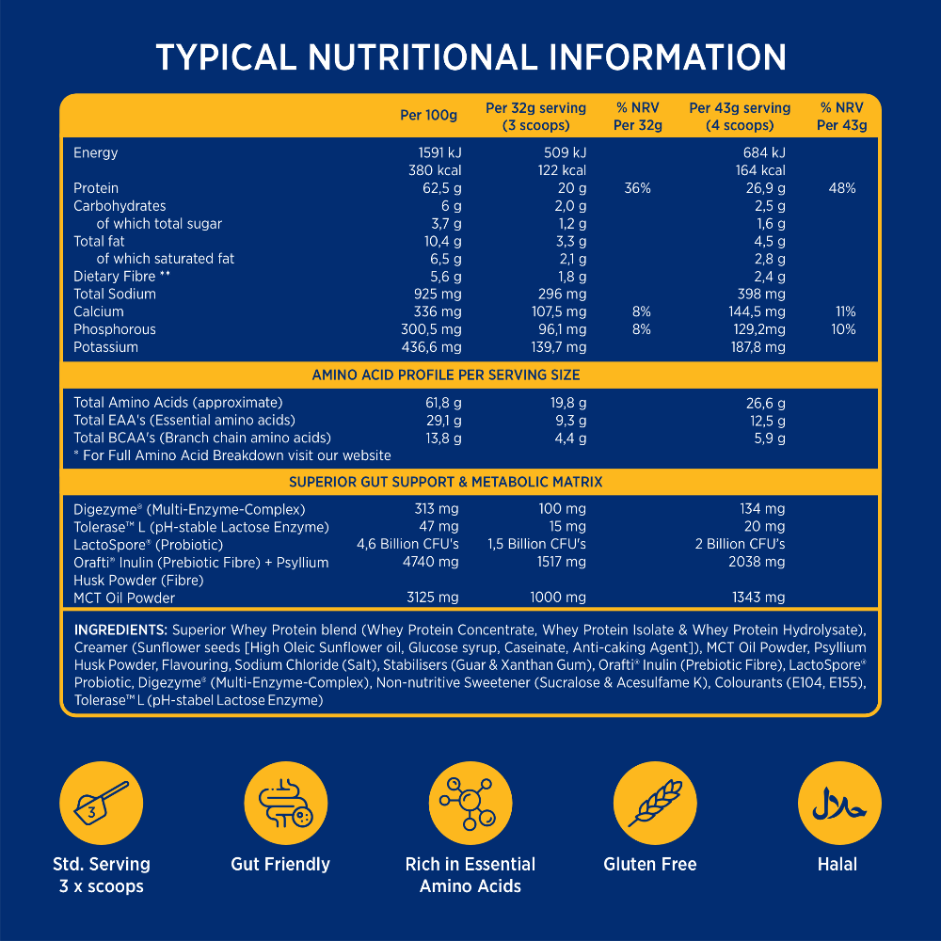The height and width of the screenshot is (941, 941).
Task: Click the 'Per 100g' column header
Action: coord(428,116)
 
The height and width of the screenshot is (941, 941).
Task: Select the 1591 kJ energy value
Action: coord(439,152)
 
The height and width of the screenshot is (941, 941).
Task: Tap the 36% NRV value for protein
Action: coord(637,188)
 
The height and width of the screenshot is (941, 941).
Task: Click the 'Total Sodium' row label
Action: coord(115,294)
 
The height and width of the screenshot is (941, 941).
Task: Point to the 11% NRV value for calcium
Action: coord(844,311)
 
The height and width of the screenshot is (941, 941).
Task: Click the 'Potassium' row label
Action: coord(105,347)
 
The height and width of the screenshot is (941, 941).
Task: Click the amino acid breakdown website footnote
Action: coord(232,455)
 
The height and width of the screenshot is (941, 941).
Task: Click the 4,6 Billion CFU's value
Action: coord(407,544)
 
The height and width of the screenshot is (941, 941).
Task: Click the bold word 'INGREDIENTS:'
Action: coord(120,630)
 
